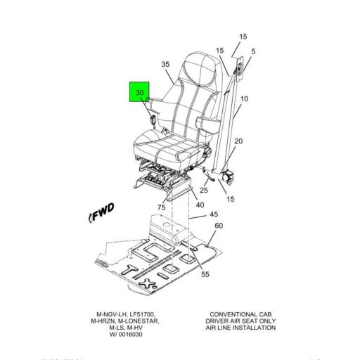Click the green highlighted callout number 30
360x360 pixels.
140,92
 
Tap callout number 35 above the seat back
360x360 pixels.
166,65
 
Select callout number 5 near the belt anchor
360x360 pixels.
253,51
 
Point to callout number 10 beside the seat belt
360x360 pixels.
245,99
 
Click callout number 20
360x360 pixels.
238,142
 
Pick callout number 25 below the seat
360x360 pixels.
204,191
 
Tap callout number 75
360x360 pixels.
162,207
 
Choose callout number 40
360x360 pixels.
200,205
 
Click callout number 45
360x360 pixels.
214,214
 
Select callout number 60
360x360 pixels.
219,226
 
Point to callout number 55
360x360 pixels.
205,274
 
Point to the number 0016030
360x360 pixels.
133,335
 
